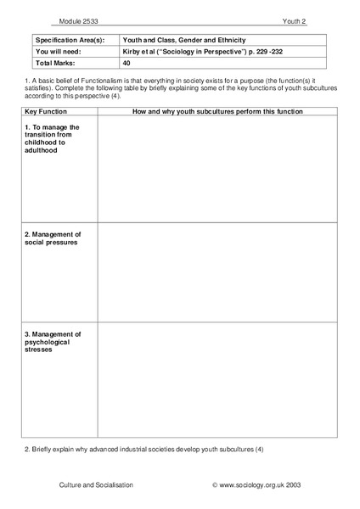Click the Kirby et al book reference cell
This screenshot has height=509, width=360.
[x=200, y=51]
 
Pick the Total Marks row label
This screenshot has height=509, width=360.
[x=56, y=63]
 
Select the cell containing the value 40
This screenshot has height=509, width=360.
[x=127, y=63]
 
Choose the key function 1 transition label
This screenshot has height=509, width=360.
[x=52, y=139]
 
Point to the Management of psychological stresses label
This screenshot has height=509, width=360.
[x=53, y=341]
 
